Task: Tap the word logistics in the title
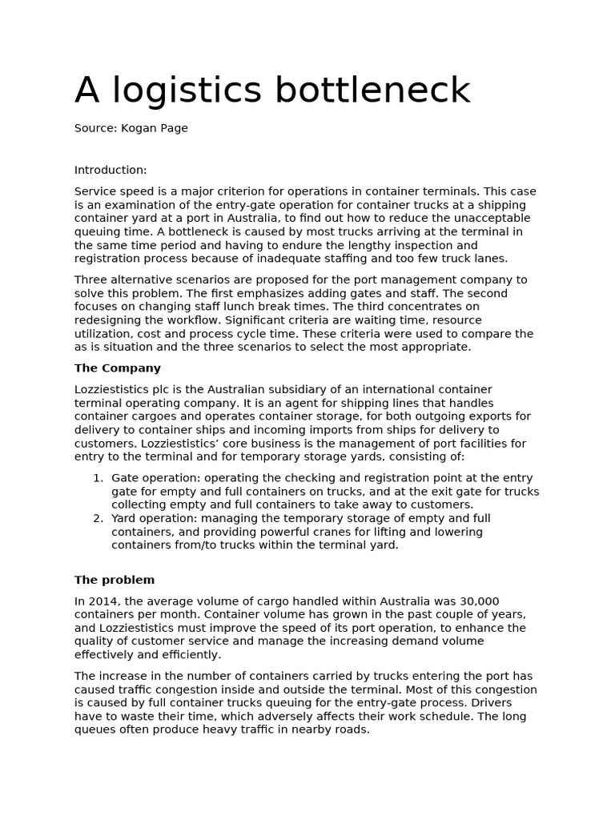click(187, 91)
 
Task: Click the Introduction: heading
click(111, 170)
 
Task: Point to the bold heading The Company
click(118, 368)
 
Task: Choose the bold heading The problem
click(115, 580)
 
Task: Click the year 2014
click(102, 601)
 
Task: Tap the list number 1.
click(98, 478)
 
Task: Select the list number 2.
click(98, 518)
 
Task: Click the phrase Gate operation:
click(156, 478)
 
